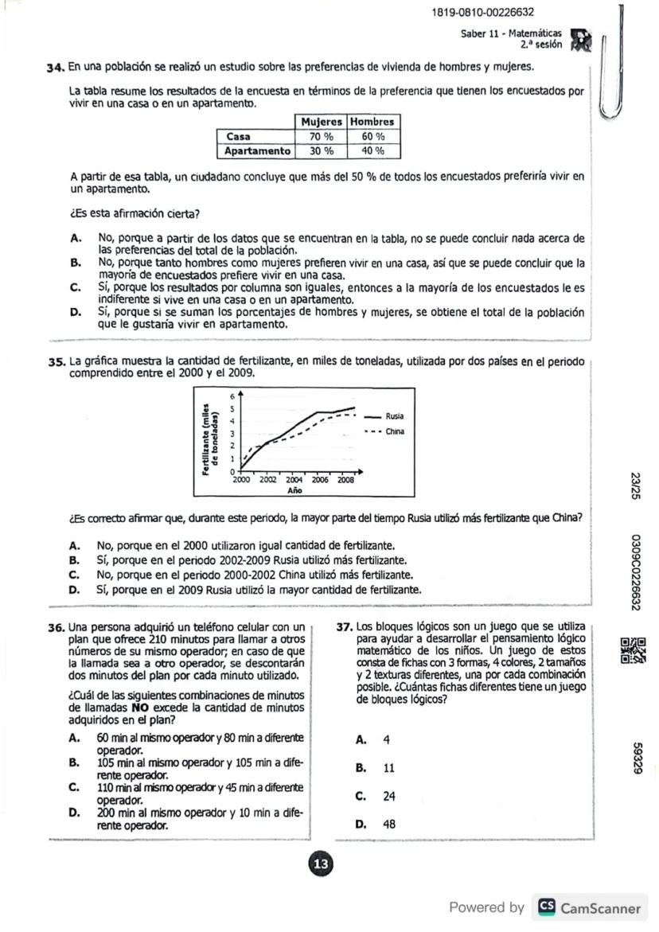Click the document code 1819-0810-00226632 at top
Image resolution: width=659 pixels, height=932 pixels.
click(482, 13)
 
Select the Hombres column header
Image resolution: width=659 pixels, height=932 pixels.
click(372, 122)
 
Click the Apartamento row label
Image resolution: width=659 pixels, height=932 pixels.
click(257, 150)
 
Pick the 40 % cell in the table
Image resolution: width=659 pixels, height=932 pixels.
click(372, 150)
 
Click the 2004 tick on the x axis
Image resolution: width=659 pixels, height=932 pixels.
click(294, 481)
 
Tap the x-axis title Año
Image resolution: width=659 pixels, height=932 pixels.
click(294, 491)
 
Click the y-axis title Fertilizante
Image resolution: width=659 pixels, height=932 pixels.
click(209, 436)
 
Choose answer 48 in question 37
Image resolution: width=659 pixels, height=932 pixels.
click(389, 825)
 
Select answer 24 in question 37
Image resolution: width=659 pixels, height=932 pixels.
click(389, 796)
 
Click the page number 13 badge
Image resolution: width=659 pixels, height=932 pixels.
click(321, 864)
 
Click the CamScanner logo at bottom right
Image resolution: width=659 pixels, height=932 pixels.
click(590, 907)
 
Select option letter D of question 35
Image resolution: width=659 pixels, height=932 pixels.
click(74, 590)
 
